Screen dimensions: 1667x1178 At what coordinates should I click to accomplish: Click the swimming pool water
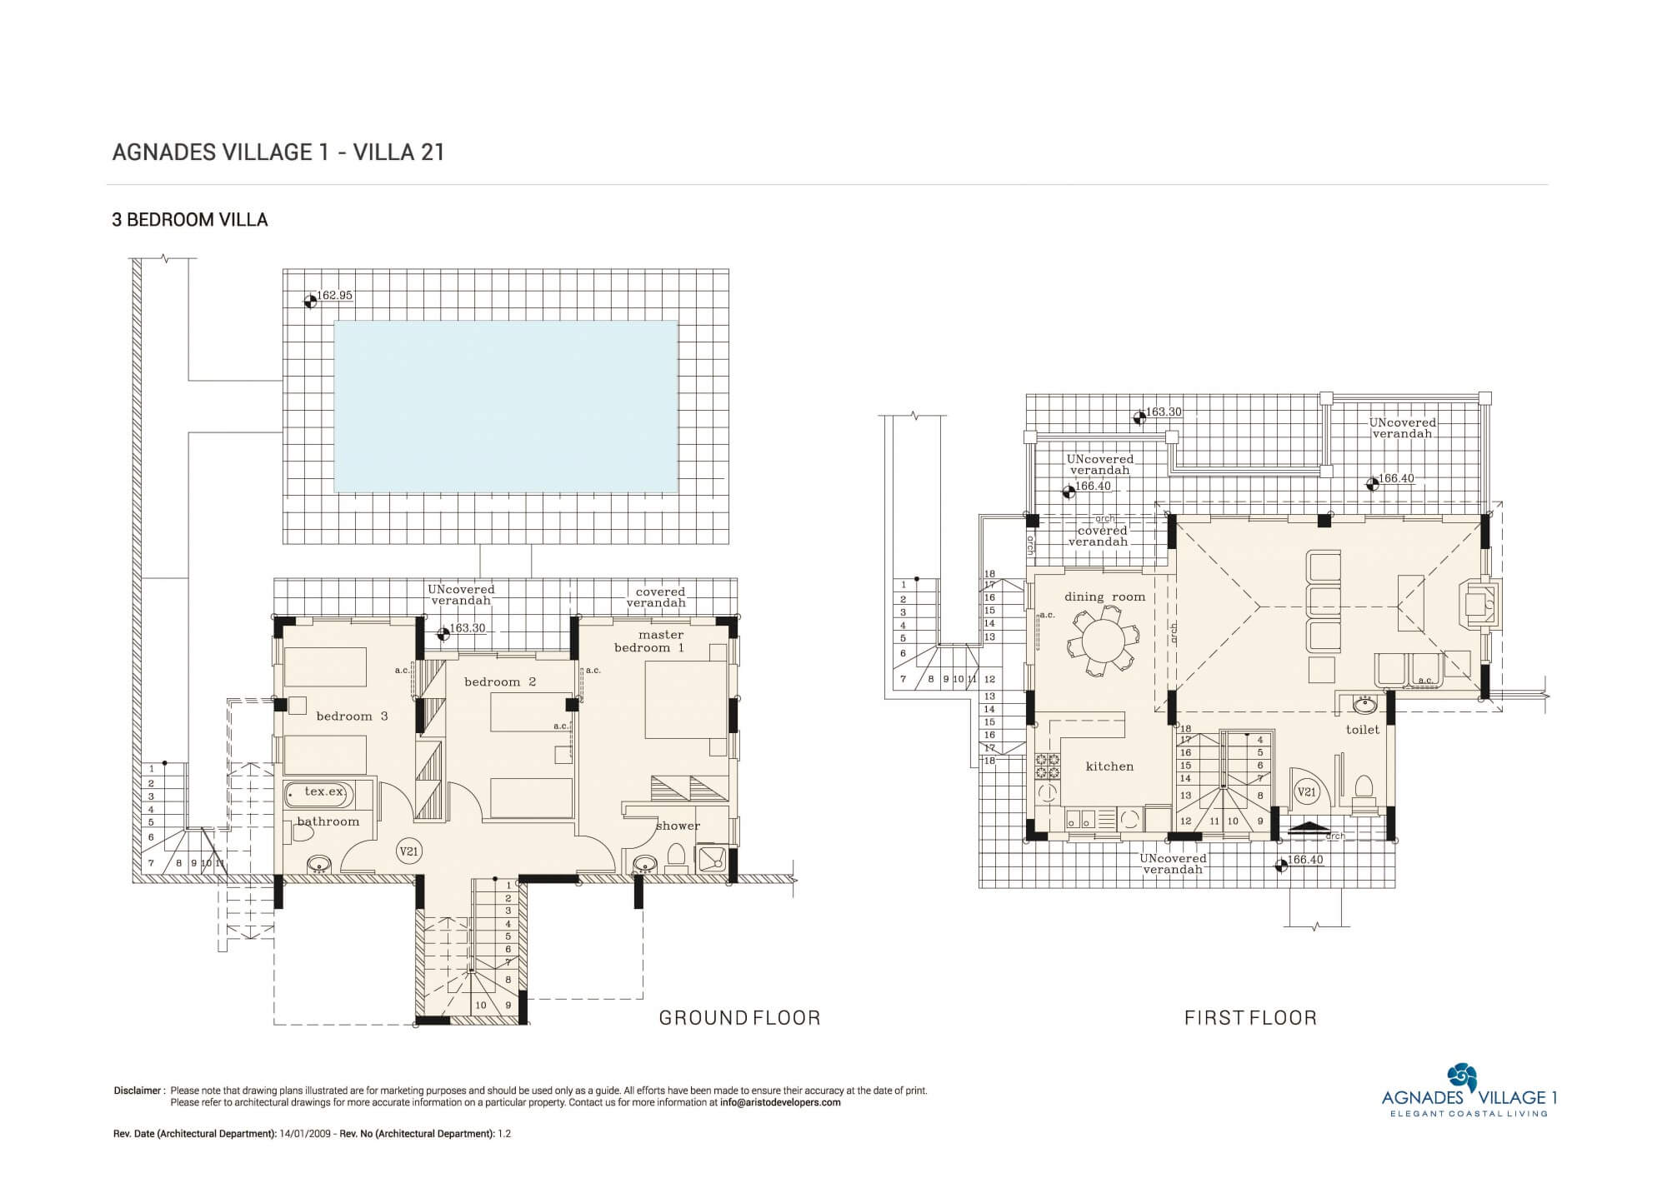click(x=505, y=407)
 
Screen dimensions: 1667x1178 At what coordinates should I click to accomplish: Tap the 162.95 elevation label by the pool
click(x=334, y=296)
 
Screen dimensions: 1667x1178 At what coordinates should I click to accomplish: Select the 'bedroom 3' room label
click(x=352, y=716)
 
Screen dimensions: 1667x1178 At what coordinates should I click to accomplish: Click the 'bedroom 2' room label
click(x=500, y=682)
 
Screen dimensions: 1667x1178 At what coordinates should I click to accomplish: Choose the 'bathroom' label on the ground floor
click(x=328, y=821)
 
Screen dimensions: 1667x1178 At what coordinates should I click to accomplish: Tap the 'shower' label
click(x=678, y=826)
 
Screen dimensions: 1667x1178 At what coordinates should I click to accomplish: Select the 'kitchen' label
click(x=1109, y=766)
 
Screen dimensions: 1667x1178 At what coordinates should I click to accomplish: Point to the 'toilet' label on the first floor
click(x=1363, y=730)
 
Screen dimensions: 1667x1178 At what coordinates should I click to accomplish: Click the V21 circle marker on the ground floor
click(x=408, y=851)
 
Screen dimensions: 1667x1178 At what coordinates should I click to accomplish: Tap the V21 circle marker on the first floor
click(x=1306, y=792)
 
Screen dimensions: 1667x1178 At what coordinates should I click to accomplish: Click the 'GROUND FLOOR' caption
click(x=740, y=1017)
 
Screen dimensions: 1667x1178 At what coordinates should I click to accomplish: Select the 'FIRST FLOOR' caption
click(x=1250, y=1017)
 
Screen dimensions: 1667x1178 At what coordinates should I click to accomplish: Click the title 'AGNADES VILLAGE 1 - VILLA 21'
click(x=278, y=152)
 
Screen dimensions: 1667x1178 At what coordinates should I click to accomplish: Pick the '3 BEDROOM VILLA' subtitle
click(x=190, y=220)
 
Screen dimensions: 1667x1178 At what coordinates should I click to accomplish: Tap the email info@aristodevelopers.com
click(x=780, y=1102)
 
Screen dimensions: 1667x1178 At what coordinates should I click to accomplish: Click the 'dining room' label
click(x=1104, y=596)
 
